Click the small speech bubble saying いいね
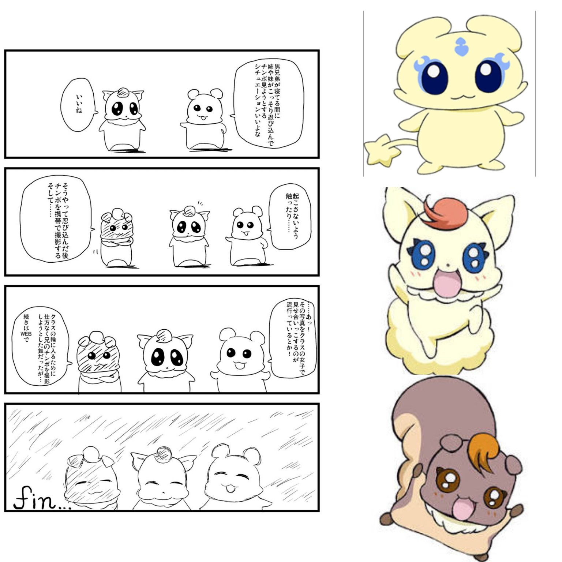coord(78,105)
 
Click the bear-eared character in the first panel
coord(203,119)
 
